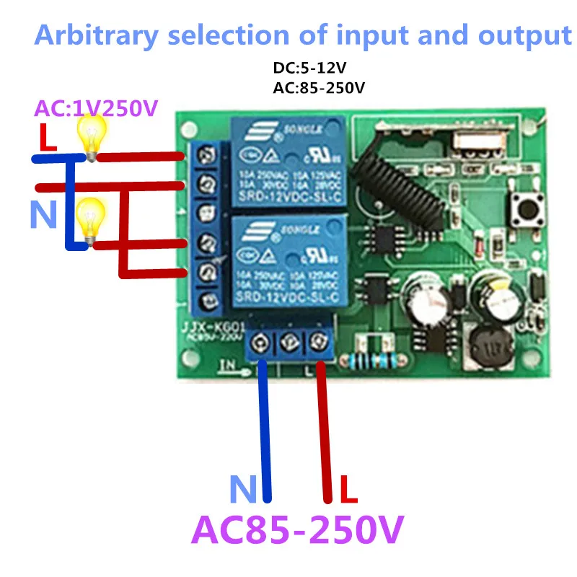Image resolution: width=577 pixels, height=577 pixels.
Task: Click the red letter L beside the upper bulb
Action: (48, 139)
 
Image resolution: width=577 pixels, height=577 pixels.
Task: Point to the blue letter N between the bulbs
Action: (43, 214)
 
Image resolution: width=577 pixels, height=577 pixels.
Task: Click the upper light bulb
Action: (92, 136)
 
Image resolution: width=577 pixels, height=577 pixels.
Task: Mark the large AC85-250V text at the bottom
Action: (296, 532)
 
